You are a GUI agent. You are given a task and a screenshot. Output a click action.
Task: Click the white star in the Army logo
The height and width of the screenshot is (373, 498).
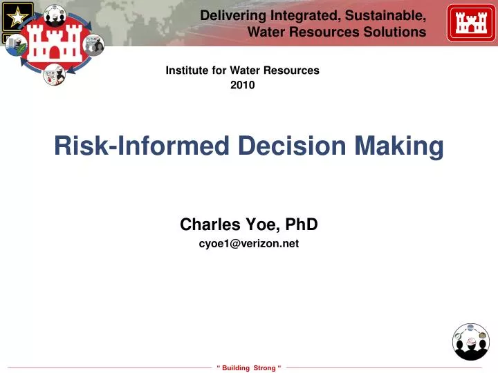(13, 15)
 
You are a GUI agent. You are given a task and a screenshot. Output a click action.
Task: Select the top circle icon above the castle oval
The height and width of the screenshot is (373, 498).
(55, 13)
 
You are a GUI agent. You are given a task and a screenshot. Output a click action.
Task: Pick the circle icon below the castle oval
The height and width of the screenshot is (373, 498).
(53, 74)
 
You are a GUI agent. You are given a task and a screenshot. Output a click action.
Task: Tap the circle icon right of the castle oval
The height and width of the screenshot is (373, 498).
(93, 45)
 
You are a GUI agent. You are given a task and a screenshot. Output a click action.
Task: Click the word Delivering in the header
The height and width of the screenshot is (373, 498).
(228, 15)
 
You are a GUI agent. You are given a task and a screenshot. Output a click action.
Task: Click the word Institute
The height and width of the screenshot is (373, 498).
(185, 70)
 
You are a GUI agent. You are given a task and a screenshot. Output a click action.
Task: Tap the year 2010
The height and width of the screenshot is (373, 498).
(243, 86)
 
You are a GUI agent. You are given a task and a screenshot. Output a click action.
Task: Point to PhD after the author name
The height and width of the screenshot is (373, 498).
(303, 224)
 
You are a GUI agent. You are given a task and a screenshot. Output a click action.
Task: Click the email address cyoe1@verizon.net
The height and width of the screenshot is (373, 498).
(249, 243)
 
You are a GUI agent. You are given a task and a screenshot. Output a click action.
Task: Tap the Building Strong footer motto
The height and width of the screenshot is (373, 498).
(249, 367)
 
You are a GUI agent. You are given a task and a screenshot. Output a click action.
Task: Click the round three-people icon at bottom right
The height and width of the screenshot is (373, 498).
(471, 342)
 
